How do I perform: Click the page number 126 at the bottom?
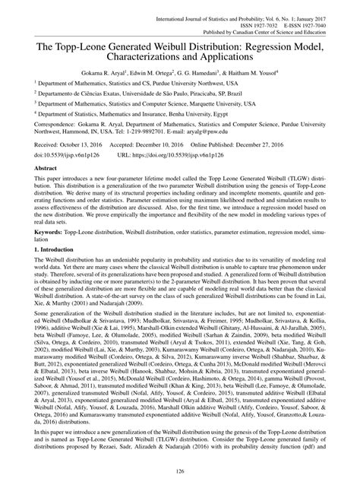pos(180,475)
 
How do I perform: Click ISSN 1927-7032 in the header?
pos(261,13)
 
